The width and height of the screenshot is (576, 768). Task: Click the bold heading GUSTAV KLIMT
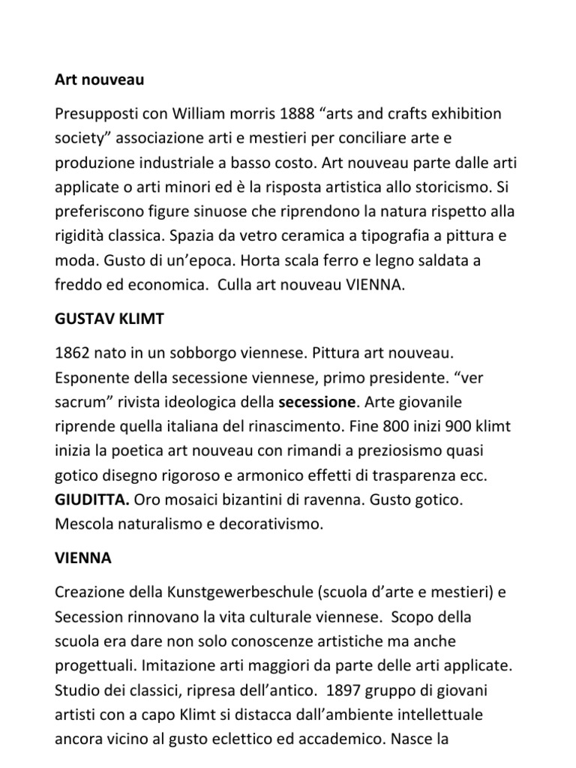tap(109, 319)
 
